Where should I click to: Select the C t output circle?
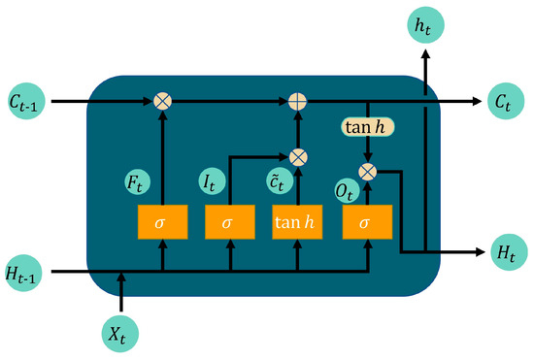click(502, 100)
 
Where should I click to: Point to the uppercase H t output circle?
click(504, 252)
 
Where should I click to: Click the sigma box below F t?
click(162, 222)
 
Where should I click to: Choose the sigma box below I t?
click(229, 222)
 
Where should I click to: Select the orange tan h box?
click(297, 222)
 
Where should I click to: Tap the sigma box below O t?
click(366, 222)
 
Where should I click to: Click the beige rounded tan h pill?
click(367, 126)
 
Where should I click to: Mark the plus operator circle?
click(297, 100)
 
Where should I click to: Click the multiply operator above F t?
click(162, 100)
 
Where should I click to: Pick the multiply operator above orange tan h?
click(298, 155)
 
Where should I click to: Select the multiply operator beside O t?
click(367, 172)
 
